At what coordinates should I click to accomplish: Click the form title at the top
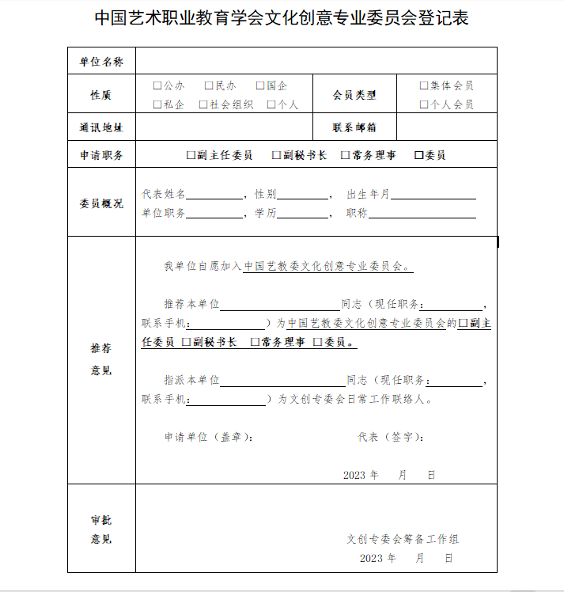point(282,18)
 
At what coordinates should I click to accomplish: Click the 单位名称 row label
point(102,62)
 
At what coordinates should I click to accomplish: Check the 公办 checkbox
point(157,85)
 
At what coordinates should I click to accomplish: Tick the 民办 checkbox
point(209,85)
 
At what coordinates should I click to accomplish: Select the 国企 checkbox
point(260,85)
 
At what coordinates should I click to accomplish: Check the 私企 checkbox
point(157,104)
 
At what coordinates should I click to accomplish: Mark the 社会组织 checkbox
point(203,104)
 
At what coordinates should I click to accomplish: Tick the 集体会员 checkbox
point(424,85)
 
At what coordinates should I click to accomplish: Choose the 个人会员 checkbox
point(424,104)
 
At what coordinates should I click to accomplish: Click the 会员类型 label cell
point(354,95)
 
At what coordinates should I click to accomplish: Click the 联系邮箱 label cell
point(354,127)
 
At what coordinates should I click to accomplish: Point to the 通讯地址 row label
point(102,127)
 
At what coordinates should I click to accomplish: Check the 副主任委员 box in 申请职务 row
point(191,156)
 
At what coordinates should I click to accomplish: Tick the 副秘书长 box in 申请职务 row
point(276,156)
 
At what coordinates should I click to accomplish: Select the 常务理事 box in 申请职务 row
point(345,156)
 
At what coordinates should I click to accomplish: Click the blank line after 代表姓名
point(214,195)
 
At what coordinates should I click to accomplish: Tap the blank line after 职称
point(422,214)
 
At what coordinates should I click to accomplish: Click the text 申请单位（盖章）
point(209,437)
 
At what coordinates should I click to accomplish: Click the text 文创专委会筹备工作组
point(403,539)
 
